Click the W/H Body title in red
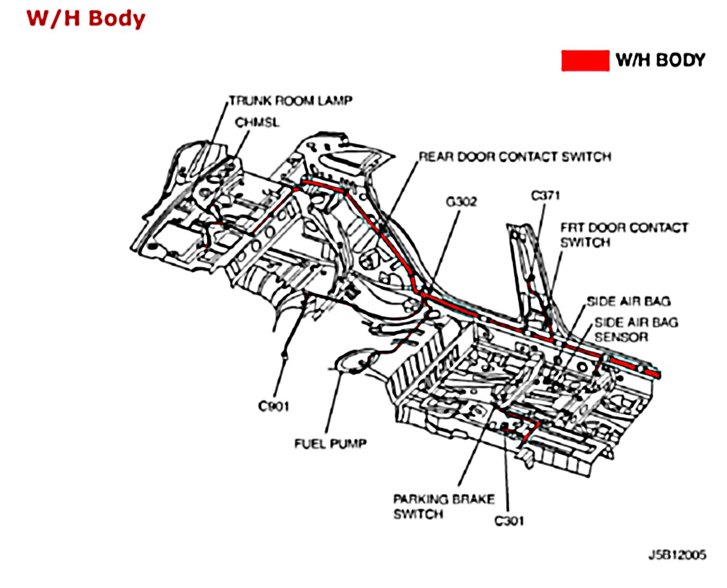click(86, 18)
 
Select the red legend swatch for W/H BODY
click(585, 60)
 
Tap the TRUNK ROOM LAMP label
click(290, 101)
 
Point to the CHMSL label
click(257, 123)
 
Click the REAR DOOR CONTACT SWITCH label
click(515, 157)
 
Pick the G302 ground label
click(461, 202)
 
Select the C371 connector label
click(545, 196)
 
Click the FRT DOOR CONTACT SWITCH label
click(624, 235)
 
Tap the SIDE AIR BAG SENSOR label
click(635, 329)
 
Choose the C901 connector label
click(274, 406)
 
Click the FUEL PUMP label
click(330, 444)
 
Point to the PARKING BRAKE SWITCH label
click(443, 506)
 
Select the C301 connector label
click(509, 521)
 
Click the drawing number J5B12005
click(677, 555)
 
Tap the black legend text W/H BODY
click(660, 60)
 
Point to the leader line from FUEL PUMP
click(333, 402)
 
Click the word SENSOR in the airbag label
click(621, 337)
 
